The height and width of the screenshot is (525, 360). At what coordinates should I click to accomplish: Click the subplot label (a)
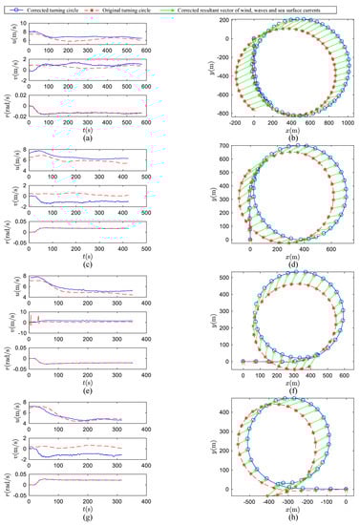87,136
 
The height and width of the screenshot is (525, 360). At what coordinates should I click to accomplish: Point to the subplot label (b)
279,136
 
